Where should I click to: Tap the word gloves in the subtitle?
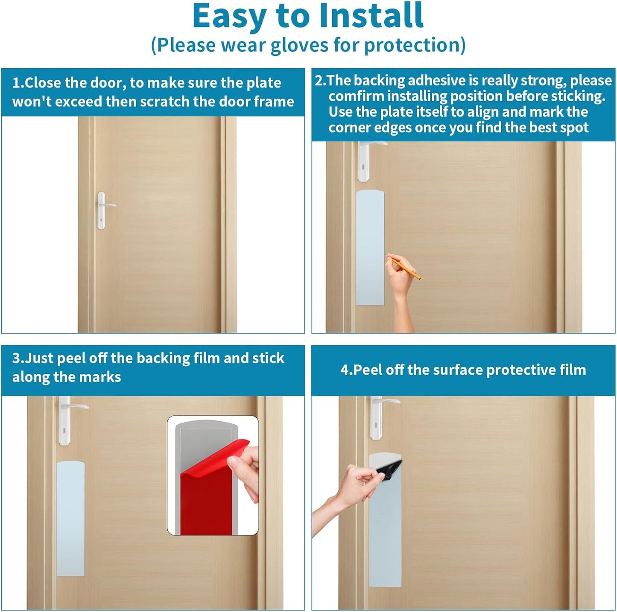tap(299, 45)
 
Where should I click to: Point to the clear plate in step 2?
tap(370, 248)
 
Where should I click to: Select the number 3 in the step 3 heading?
tap(16, 358)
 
